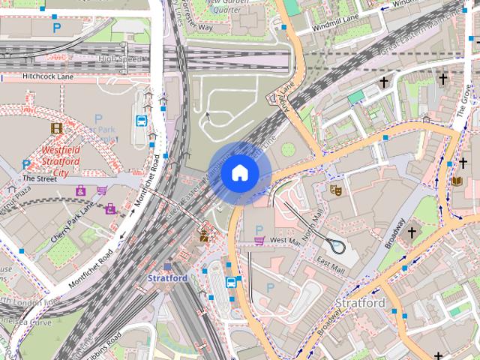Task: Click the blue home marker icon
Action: coord(238,172)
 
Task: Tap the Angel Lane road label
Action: coord(287,97)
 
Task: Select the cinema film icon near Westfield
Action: coord(57,128)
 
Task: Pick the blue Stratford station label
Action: coord(167,277)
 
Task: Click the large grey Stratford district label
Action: coord(360,303)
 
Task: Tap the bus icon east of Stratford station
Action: coord(232,282)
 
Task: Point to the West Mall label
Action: coord(284,241)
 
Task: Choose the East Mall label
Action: coord(331,264)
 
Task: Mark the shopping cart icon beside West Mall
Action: coord(259,241)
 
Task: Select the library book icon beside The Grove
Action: coord(457,181)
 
